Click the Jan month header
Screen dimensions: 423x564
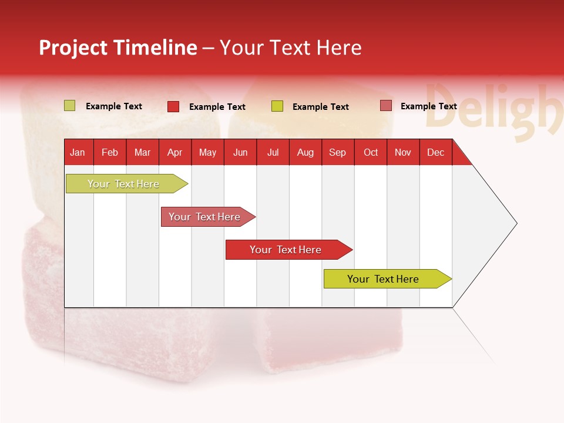point(78,152)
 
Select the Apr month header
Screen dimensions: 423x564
point(175,152)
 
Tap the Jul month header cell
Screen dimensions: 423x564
point(273,152)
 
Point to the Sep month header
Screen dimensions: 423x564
point(338,152)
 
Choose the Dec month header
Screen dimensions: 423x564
point(435,152)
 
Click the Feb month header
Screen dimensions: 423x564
point(110,152)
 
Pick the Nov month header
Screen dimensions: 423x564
point(403,152)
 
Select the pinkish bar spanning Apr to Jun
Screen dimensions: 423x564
point(206,217)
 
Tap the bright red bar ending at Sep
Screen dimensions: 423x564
point(287,250)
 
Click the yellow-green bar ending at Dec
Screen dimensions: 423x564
point(385,279)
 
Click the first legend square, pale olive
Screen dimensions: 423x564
point(69,106)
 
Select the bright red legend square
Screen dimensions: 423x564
point(173,106)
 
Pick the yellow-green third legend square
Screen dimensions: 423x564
point(277,106)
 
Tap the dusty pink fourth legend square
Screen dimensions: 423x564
point(385,106)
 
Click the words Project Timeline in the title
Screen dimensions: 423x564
point(118,48)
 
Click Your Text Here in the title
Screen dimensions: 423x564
point(291,48)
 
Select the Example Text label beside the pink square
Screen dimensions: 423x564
point(428,106)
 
